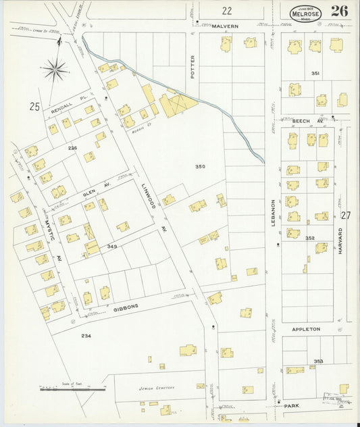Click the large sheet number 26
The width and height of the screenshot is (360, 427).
point(340,11)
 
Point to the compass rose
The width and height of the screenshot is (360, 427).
point(55,68)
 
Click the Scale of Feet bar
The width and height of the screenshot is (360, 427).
point(72,389)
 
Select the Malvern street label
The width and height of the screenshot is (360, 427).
point(225,26)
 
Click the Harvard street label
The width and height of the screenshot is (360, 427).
point(340,240)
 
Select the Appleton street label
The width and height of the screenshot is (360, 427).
point(305,329)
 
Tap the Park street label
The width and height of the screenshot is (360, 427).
point(292,406)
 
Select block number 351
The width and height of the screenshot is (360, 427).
point(315,73)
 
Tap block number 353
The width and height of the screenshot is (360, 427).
point(318,361)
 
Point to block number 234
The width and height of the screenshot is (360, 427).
point(86,335)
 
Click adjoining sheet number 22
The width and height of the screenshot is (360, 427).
point(226,10)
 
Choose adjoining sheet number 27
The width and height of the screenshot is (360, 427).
point(346,216)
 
